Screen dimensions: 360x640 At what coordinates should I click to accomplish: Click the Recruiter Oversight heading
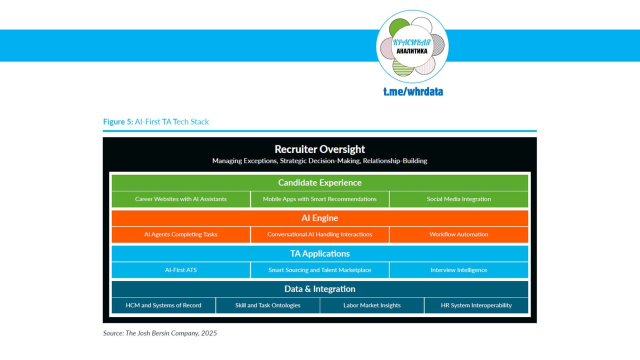pos(320,149)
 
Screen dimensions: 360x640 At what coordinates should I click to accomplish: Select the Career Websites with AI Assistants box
pos(180,199)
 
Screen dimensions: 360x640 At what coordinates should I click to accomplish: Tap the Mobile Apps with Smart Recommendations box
pos(320,199)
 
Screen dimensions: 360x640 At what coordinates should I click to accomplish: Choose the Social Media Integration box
pos(458,199)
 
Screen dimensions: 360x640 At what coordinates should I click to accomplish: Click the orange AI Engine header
pos(320,218)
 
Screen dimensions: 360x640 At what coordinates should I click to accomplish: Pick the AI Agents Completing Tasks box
pos(180,234)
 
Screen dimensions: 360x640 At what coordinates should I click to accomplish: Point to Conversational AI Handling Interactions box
pos(320,234)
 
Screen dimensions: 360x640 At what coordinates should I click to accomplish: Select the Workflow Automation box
pos(458,234)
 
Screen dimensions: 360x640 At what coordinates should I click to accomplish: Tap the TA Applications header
pos(320,253)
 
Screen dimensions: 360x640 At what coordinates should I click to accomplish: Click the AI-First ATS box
pos(180,270)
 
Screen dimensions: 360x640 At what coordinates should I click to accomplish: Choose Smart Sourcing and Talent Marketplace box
pos(320,270)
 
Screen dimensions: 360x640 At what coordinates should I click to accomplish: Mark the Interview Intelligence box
pos(458,270)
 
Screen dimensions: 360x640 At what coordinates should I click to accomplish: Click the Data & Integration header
pos(320,289)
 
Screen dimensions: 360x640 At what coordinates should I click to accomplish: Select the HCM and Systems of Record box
pos(163,305)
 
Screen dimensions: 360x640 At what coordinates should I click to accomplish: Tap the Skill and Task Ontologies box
pos(268,305)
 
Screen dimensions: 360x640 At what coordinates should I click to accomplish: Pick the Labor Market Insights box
pos(372,305)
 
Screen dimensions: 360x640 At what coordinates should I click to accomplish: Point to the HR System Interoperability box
pos(476,305)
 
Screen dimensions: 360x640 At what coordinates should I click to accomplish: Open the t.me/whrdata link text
pos(413,91)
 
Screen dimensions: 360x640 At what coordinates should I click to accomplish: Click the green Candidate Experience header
pos(320,182)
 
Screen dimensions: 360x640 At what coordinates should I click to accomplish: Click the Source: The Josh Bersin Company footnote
pos(160,333)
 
